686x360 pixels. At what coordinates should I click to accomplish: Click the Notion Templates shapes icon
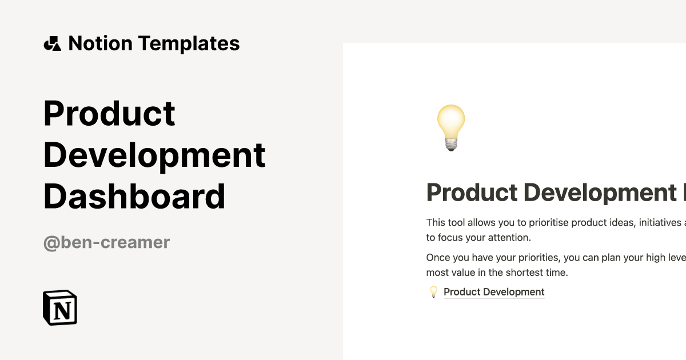point(53,43)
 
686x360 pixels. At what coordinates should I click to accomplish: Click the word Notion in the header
point(101,43)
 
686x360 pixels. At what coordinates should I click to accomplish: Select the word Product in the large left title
point(109,113)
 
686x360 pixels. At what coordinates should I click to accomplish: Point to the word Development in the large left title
point(154,155)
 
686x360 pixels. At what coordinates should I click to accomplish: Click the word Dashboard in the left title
point(134,196)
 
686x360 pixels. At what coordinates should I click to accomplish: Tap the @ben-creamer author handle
point(106,242)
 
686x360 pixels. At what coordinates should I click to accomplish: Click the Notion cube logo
point(60,307)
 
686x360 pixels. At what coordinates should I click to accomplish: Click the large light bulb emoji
point(451,127)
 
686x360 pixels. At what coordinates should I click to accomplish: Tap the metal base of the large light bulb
point(451,145)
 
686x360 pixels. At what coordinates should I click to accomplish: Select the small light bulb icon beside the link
point(433,292)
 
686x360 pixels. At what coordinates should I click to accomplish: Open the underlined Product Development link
point(494,292)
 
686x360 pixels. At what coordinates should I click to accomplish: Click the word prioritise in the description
point(548,222)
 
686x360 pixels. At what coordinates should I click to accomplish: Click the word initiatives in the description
point(660,222)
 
